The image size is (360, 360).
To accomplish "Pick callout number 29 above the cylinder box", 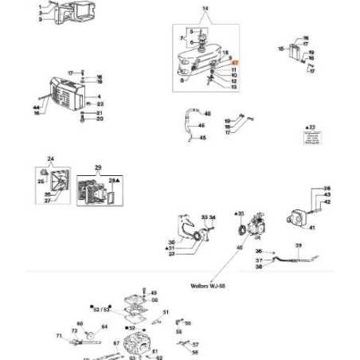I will tap(98, 169).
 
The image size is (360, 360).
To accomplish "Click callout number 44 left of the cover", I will tap(36, 107).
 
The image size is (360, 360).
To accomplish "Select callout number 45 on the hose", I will tap(202, 138).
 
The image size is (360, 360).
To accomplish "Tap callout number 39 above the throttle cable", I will tap(298, 245).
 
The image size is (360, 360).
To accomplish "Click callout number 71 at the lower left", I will tap(58, 336).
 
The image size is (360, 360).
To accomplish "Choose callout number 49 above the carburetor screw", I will tap(154, 293).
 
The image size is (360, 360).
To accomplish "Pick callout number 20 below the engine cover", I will tap(100, 120).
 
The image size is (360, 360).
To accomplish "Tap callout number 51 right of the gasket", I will tap(166, 312).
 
